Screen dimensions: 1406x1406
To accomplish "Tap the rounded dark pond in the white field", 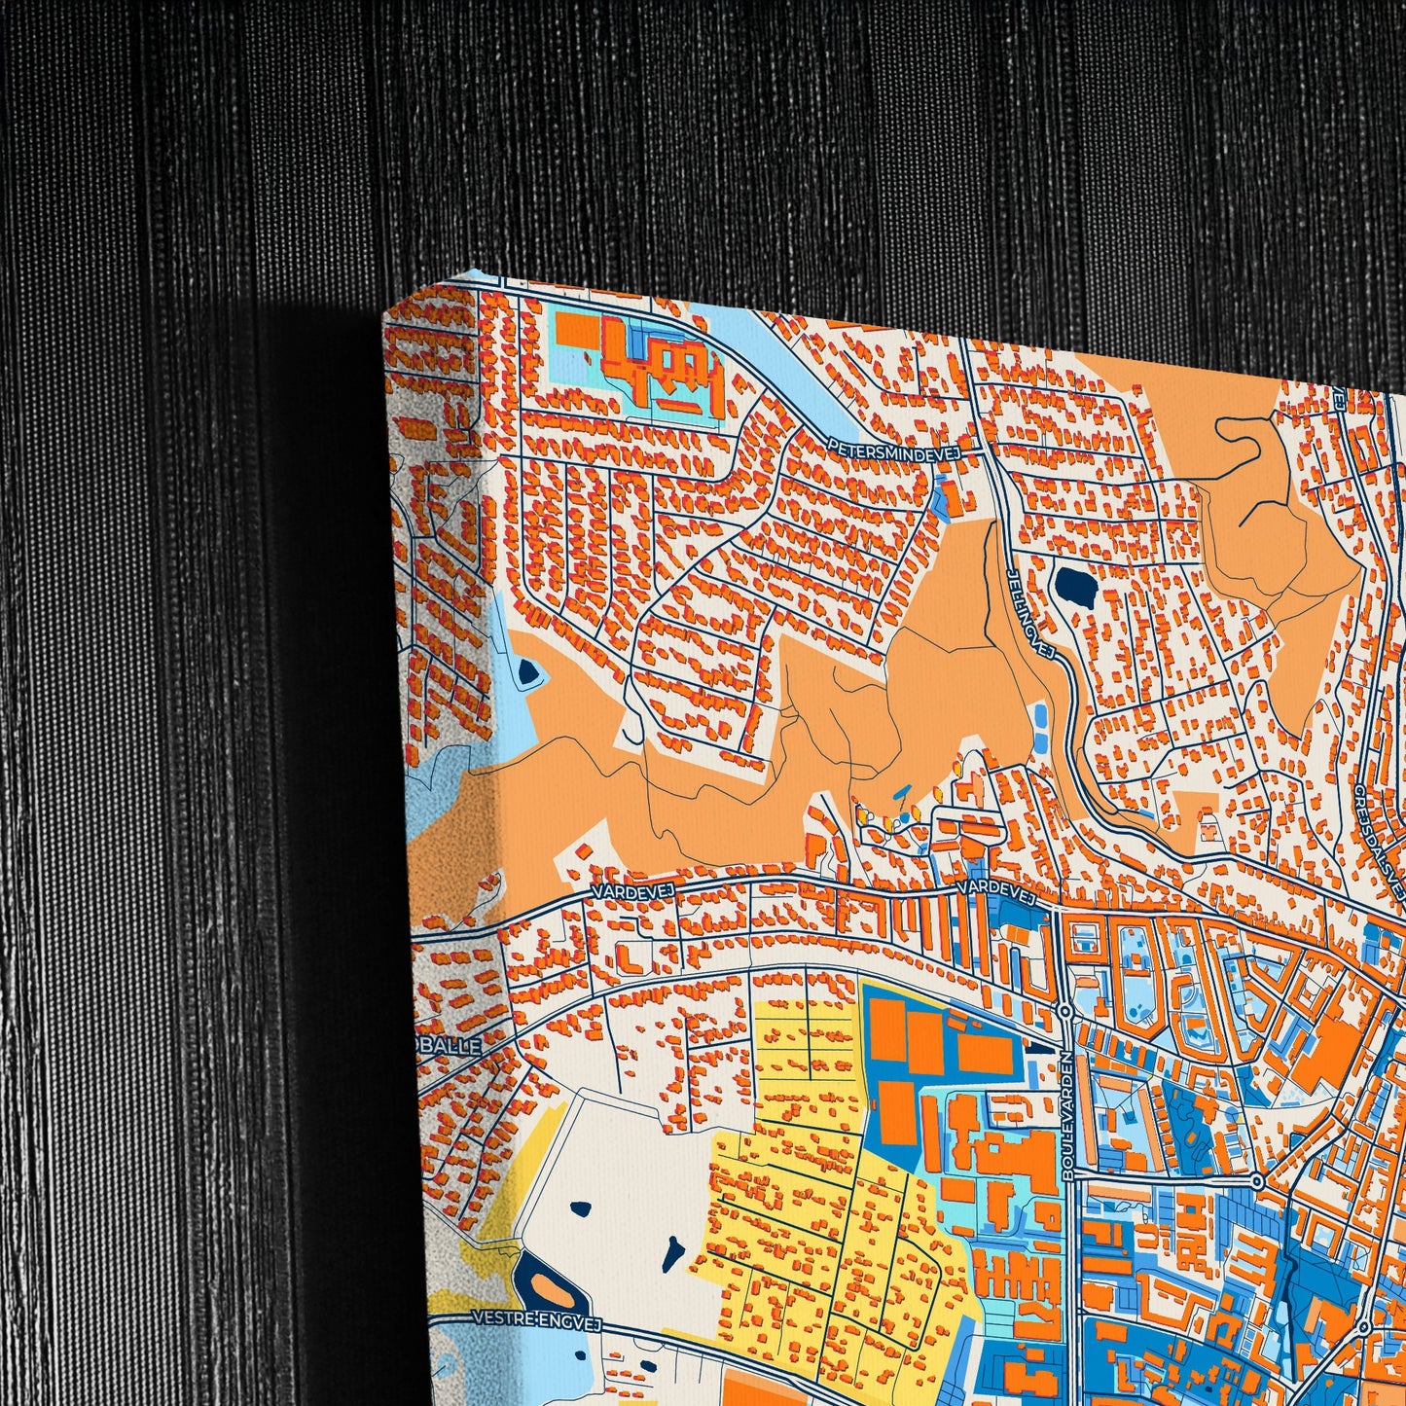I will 581,1209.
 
